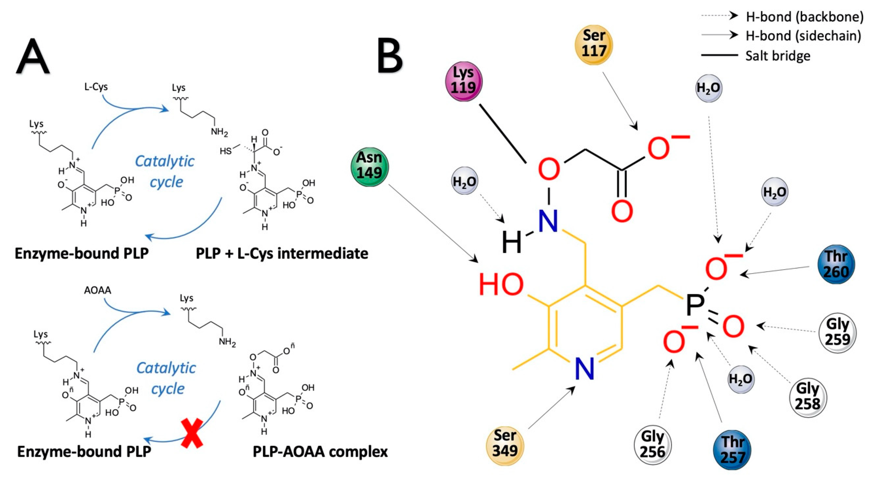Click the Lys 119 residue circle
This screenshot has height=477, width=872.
[463, 81]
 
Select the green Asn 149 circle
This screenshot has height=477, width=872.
[370, 166]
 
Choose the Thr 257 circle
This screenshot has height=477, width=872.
[732, 450]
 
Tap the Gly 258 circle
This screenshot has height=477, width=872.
[808, 397]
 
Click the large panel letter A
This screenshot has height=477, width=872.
[33, 56]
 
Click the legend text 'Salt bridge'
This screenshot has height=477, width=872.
[778, 56]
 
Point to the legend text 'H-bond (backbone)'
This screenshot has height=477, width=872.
[804, 17]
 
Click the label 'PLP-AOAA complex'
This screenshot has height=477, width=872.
[320, 452]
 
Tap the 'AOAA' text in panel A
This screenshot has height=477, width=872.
[98, 290]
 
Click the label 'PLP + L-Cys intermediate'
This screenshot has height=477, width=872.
[282, 253]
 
